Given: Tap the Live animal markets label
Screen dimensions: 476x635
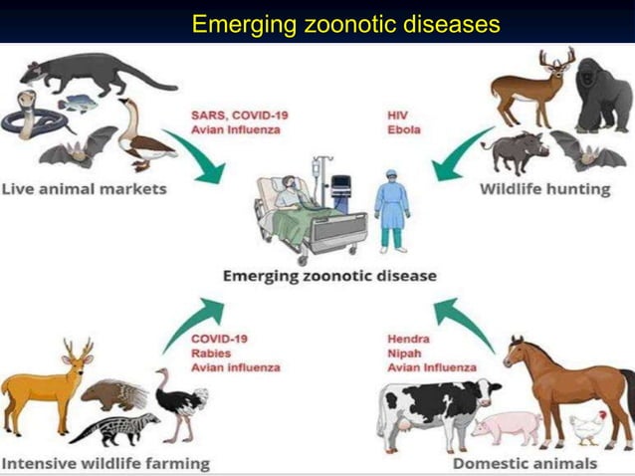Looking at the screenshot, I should pyautogui.click(x=84, y=188).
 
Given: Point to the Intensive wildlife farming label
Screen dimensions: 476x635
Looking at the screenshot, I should pyautogui.click(x=106, y=462).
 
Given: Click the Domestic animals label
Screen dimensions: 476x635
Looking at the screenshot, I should pyautogui.click(x=526, y=462).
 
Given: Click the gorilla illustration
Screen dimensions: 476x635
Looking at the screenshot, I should pyautogui.click(x=603, y=96).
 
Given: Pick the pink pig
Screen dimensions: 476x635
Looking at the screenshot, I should pyautogui.click(x=507, y=426).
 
